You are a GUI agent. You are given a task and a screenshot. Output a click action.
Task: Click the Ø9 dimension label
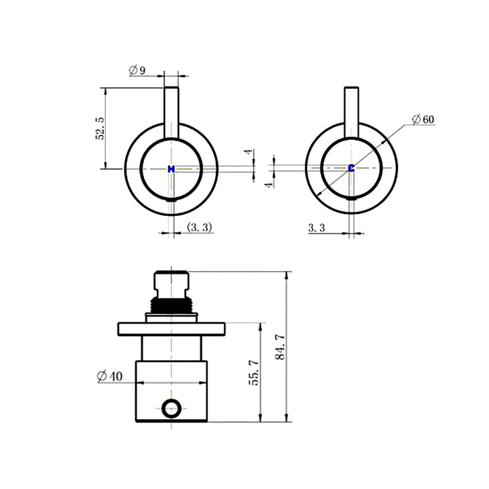(x=137, y=70)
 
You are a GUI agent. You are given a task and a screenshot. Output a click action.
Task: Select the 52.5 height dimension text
(x=101, y=128)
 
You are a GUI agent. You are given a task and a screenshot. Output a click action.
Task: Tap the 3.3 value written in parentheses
(x=198, y=228)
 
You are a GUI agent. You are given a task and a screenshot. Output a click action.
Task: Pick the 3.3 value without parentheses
(x=317, y=228)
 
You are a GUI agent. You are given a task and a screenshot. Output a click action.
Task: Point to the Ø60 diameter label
(x=422, y=120)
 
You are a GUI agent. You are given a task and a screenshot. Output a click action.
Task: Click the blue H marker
(x=171, y=168)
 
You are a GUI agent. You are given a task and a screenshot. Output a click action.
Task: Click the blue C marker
(x=351, y=168)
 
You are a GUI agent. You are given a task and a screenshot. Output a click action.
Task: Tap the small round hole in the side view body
(x=173, y=408)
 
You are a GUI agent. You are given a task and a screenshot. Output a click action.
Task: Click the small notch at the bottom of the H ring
(x=171, y=200)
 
